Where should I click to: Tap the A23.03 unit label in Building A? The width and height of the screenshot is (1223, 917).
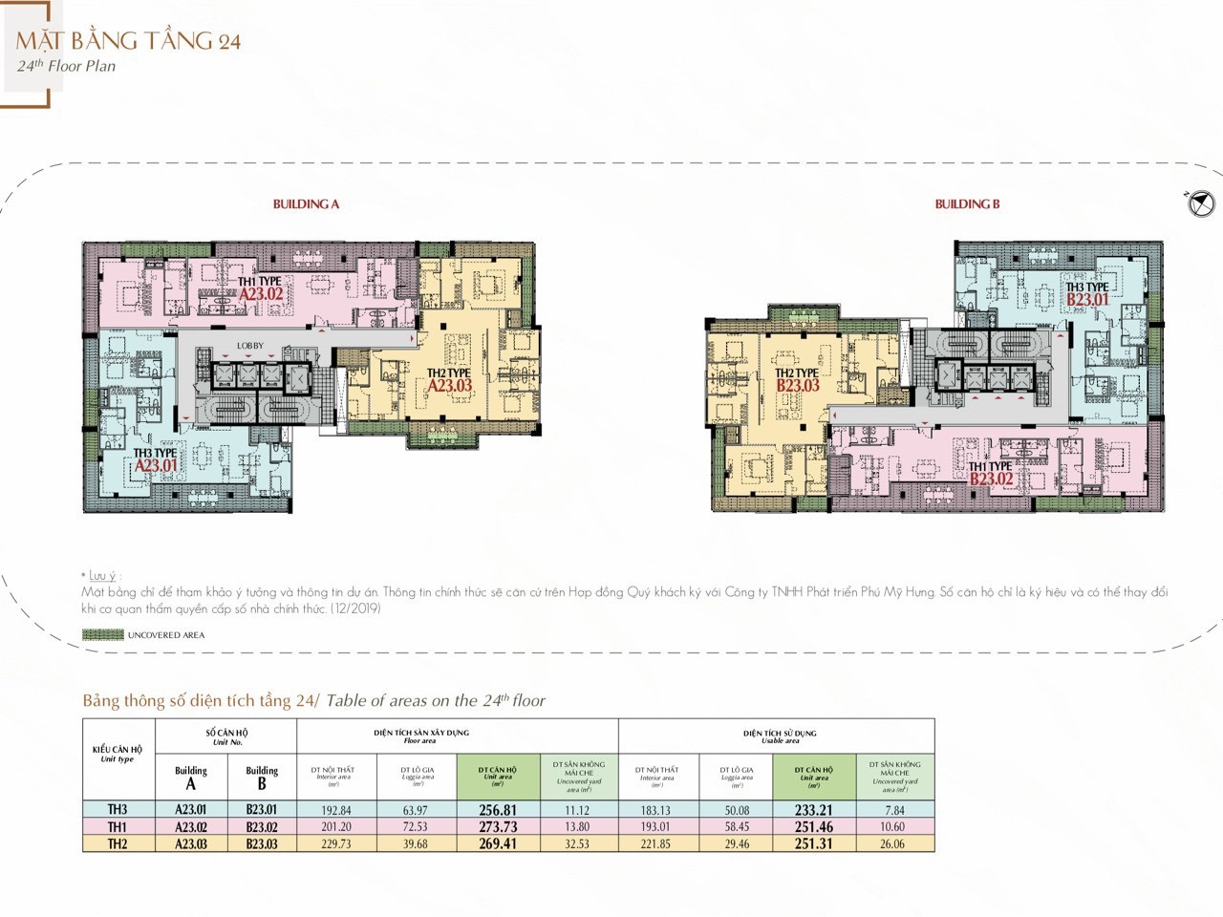coord(450,386)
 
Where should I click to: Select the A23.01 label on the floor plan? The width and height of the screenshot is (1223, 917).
coord(156,466)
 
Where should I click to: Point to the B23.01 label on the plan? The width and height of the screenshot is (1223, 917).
coord(1087,300)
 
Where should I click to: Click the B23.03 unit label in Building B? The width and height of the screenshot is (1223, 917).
coord(798,386)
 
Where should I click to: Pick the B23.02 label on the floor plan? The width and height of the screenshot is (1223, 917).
coord(991,479)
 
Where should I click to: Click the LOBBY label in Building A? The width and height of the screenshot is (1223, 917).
coord(250,346)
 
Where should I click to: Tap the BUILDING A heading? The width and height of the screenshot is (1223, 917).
coord(306,204)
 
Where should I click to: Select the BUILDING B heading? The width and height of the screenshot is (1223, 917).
coord(967,204)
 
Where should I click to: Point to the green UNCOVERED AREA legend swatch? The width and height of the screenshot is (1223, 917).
coord(102,635)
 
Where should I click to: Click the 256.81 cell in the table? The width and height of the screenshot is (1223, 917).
coord(498,810)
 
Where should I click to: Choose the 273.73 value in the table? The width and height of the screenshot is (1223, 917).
coord(498,827)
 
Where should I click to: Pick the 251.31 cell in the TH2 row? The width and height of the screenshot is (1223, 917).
coord(813,844)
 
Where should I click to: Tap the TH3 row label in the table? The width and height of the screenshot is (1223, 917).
coord(118,810)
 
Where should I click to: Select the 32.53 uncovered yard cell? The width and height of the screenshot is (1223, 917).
coord(577,844)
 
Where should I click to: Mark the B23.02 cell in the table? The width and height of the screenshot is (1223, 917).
coord(262,827)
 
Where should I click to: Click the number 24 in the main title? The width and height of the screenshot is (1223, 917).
coord(228,42)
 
